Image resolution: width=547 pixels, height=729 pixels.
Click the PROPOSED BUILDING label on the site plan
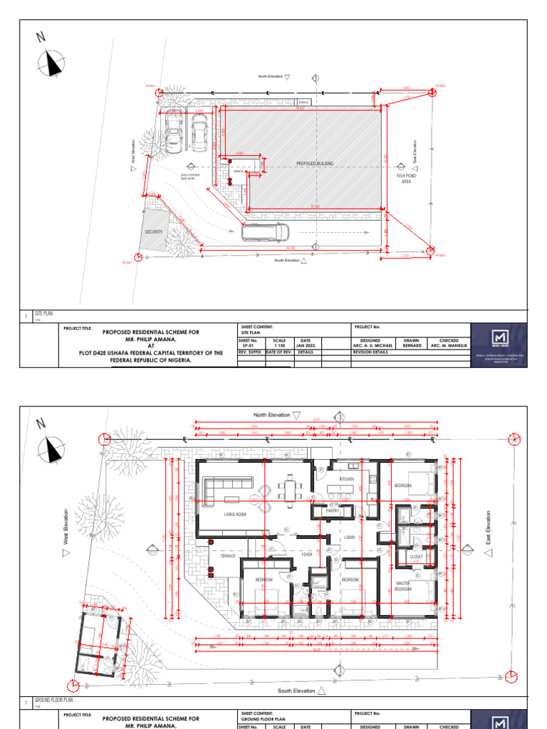point(315,164)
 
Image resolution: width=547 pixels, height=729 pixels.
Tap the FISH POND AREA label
point(406,178)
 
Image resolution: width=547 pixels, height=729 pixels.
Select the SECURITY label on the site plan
point(154,232)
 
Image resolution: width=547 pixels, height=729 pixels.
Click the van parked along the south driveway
point(265,232)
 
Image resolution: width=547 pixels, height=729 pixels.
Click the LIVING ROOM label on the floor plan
point(234,513)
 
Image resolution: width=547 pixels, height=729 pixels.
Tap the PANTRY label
point(331,511)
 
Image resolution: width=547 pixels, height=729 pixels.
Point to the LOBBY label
point(350,537)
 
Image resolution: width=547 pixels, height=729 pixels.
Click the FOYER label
point(307,554)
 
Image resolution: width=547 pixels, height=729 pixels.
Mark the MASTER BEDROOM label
point(403,587)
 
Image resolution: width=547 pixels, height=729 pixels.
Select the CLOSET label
point(416,557)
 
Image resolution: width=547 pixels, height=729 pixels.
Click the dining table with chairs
point(290,489)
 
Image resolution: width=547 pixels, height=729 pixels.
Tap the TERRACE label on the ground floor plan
point(227,555)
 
